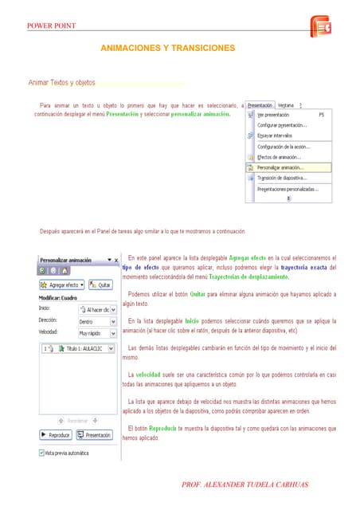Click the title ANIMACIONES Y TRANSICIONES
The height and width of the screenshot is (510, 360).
[167, 49]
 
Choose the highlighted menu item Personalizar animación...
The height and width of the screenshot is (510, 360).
[280, 167]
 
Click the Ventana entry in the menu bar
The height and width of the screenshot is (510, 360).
[285, 104]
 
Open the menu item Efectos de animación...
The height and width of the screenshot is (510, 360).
[279, 157]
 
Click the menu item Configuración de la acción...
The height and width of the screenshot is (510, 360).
[284, 146]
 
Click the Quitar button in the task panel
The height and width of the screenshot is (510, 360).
[100, 284]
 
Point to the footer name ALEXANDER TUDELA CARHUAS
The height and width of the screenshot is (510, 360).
[244, 485]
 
